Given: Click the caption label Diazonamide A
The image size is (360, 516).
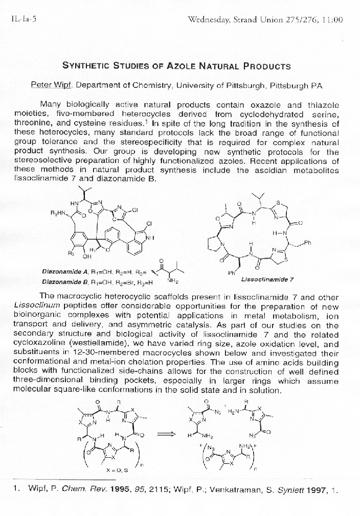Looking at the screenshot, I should [x=66, y=271].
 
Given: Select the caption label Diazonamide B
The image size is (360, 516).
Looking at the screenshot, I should [x=66, y=281].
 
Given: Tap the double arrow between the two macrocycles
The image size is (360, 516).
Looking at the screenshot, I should [x=165, y=434].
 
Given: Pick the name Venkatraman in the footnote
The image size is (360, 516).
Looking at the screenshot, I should [x=232, y=490].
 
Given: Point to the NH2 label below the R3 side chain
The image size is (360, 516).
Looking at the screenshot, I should [x=173, y=280].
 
